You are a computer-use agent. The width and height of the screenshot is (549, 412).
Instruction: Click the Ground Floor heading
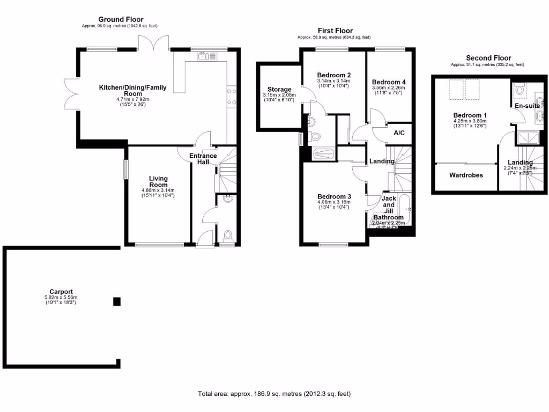[120, 20]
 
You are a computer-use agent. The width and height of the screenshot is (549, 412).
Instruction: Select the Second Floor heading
[488, 58]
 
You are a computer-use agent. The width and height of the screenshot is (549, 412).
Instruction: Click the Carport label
[61, 292]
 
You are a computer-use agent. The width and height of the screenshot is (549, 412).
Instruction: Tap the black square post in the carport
[116, 302]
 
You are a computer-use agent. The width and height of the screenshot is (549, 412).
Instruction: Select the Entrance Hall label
[203, 159]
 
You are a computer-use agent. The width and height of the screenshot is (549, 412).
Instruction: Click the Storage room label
[279, 90]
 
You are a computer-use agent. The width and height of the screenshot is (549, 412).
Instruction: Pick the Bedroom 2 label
[333, 75]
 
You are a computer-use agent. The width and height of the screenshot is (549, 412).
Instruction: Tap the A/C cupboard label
[399, 133]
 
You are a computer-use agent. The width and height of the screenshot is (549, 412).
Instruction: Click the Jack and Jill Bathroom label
[388, 208]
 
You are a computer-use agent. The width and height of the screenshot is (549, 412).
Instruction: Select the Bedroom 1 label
[470, 115]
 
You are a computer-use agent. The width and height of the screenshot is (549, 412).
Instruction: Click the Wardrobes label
[465, 175]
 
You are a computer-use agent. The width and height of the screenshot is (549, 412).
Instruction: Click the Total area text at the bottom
[274, 394]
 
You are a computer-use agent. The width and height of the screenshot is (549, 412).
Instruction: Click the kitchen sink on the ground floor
[203, 55]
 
